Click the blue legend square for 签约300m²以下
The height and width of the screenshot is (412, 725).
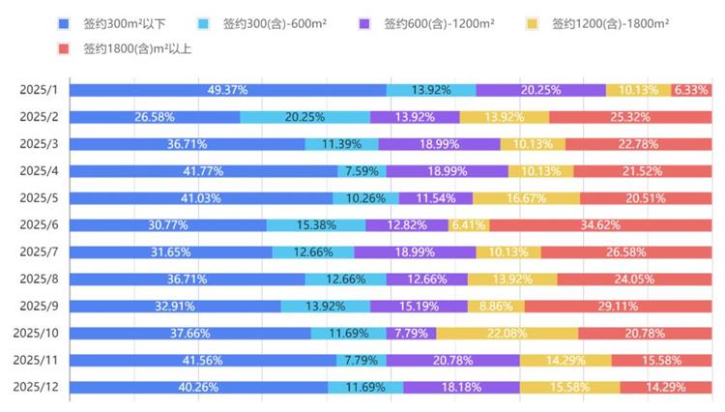point(64,22)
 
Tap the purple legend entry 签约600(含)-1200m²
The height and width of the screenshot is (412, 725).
point(440,22)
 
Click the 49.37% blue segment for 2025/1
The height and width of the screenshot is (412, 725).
point(227,90)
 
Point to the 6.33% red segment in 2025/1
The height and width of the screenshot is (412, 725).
point(691,90)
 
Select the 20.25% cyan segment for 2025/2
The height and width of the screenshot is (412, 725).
point(304,117)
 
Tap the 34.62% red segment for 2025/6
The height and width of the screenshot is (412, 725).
point(600,225)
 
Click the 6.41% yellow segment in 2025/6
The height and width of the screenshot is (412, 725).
point(469,225)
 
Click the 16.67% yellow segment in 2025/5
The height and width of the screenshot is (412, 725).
point(527,198)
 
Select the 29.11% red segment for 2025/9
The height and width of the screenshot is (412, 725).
point(618,307)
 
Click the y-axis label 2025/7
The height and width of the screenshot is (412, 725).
point(39,252)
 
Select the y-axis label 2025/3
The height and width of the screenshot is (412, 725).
point(39,144)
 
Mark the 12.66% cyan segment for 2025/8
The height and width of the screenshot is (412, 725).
point(345,280)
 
